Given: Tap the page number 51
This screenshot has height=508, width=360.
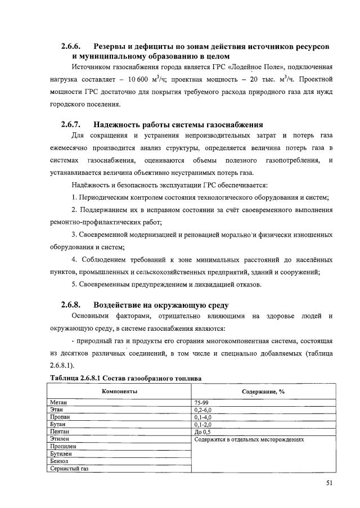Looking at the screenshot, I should click(x=329, y=482).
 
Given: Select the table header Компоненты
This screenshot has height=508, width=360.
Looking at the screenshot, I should click(x=119, y=391).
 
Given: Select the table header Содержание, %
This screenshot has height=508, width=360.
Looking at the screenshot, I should click(x=263, y=391).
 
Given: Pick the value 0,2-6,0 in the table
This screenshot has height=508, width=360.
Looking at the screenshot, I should click(x=203, y=410).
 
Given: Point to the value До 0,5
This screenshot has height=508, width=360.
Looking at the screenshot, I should click(x=202, y=431).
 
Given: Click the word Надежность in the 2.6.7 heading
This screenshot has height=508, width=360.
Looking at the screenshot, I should click(x=120, y=124).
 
